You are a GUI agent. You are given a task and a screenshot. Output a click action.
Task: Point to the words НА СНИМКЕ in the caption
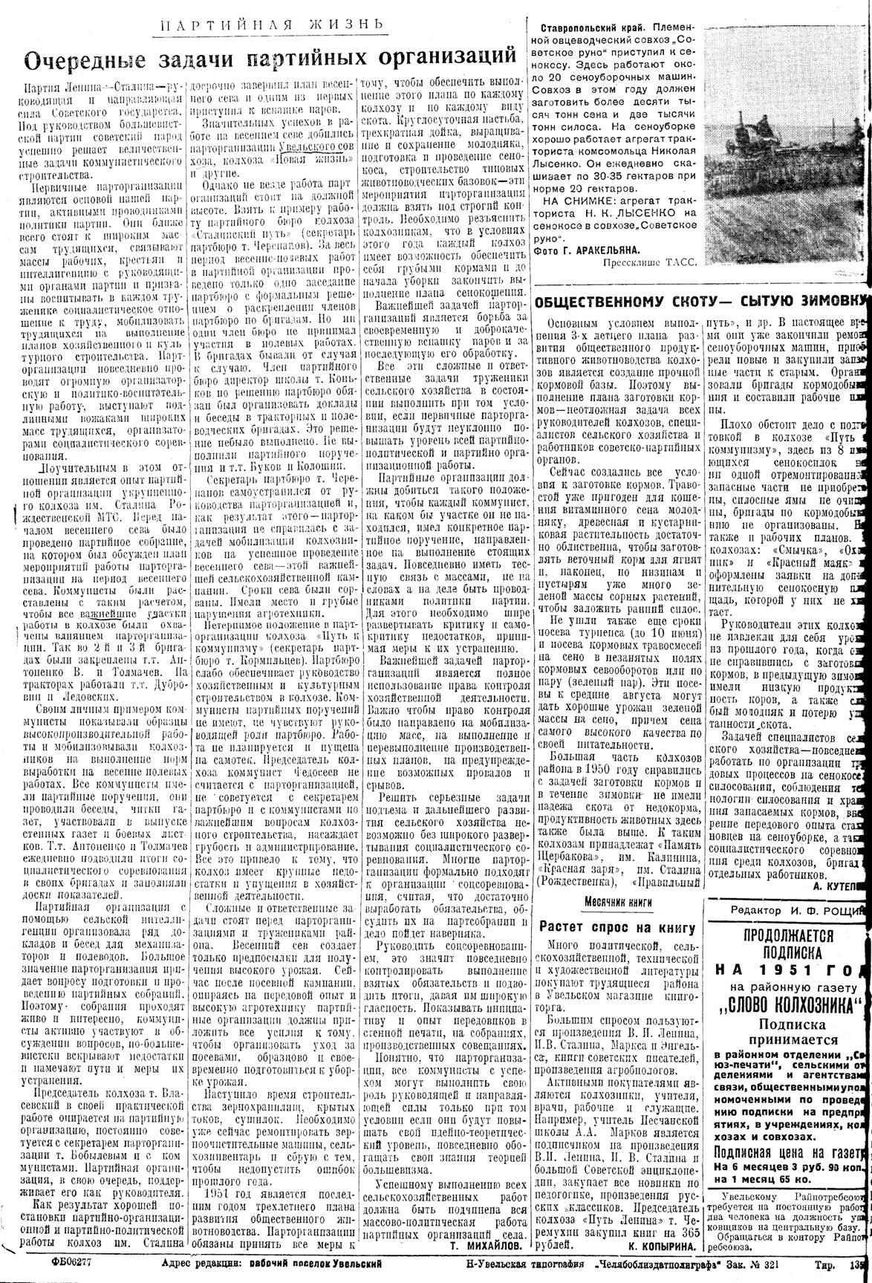[x=577, y=201]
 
